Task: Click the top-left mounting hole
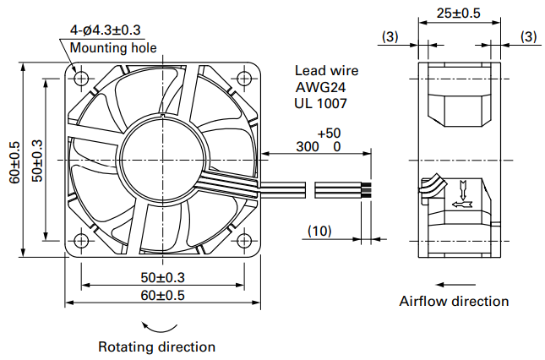point(81,79)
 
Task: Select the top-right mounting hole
point(244,79)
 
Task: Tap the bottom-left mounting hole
point(81,241)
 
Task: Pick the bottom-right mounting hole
point(244,241)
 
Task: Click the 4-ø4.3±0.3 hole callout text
point(106,30)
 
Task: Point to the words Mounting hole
point(113,48)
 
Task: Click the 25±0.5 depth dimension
point(459,14)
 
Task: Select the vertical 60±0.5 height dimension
point(15,162)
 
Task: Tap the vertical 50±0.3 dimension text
point(37,161)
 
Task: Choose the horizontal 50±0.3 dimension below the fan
point(163,277)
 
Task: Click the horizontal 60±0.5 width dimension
point(163,296)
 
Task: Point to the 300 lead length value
point(308,147)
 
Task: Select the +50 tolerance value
point(329,133)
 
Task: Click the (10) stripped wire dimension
point(319,231)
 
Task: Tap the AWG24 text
point(320,87)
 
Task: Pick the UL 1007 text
point(320,103)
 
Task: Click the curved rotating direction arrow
point(159,329)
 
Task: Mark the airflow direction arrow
point(455,285)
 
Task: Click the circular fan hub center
point(163,160)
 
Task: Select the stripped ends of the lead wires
point(367,190)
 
